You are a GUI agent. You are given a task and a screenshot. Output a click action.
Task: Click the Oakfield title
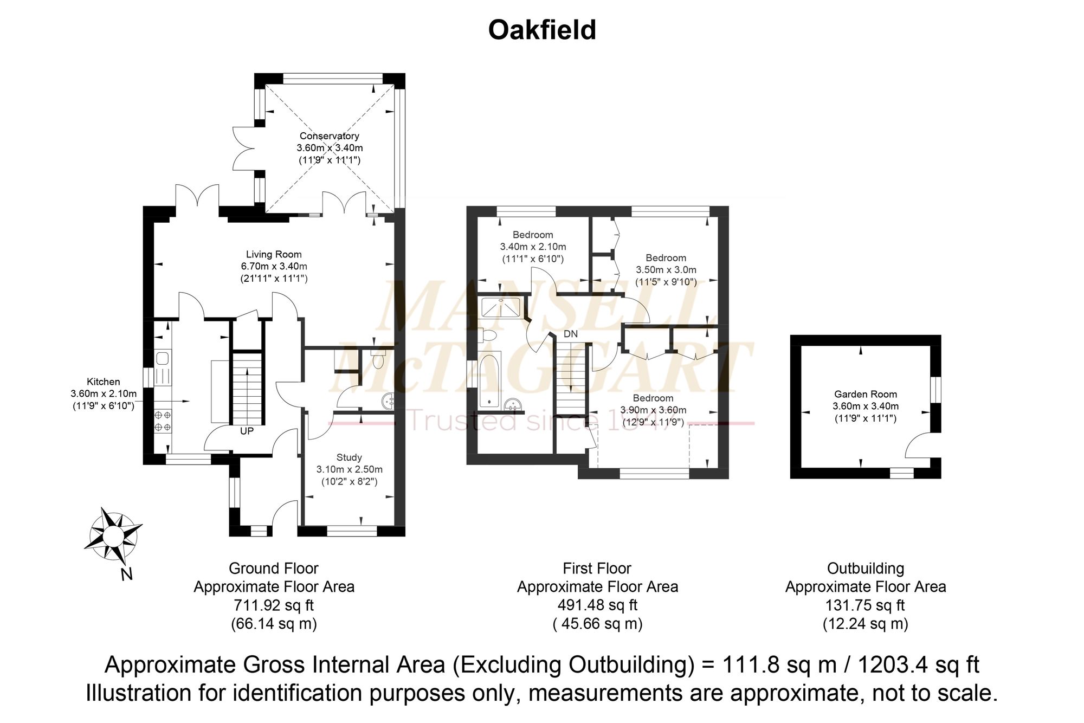coord(542,30)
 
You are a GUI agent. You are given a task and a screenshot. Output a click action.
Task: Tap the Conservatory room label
coord(330,136)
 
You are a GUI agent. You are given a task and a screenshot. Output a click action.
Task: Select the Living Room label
coord(274,254)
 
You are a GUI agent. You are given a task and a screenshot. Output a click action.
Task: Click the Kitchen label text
coord(104,382)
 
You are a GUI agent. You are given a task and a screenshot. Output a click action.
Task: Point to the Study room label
coord(349,457)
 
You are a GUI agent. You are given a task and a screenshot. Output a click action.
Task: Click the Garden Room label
coord(866,394)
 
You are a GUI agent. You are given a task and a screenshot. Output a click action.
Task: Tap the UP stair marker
coord(247,431)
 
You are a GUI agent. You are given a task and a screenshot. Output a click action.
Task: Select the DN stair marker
coord(571,334)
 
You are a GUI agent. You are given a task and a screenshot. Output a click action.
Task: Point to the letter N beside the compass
coord(126,573)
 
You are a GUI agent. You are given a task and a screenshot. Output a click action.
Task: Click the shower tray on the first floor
coord(501,307)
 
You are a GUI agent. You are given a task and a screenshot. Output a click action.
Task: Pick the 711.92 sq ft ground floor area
coord(274,605)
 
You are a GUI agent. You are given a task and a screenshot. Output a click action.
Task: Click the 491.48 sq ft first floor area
coord(597,605)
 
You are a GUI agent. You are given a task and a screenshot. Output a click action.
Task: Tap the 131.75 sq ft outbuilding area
coord(865,605)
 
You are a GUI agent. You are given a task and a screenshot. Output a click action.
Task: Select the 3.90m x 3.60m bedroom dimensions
coord(653,410)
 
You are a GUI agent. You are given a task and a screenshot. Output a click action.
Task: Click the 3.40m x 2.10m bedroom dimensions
coord(533,247)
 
